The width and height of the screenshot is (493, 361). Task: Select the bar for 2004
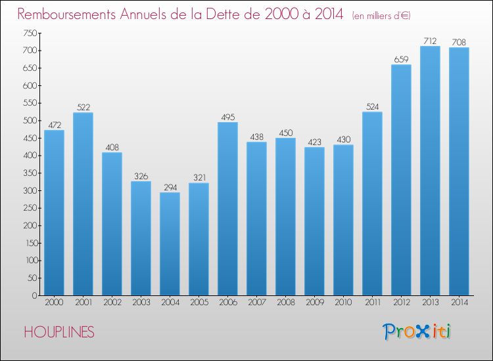pyautogui.click(x=170, y=244)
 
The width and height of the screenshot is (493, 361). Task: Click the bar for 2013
pyautogui.click(x=430, y=171)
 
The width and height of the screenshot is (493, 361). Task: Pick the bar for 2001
pyautogui.click(x=83, y=203)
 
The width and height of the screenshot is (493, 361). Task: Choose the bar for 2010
pyautogui.click(x=343, y=220)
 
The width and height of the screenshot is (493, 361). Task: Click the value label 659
pyautogui.click(x=401, y=59)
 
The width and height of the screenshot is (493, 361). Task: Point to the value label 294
pyautogui.click(x=170, y=187)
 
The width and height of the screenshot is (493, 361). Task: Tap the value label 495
pyautogui.click(x=227, y=117)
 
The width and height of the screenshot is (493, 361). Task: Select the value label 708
pyautogui.click(x=459, y=42)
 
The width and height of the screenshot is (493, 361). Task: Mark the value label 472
pyautogui.click(x=54, y=125)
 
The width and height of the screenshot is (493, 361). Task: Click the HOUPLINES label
pyautogui.click(x=59, y=332)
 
